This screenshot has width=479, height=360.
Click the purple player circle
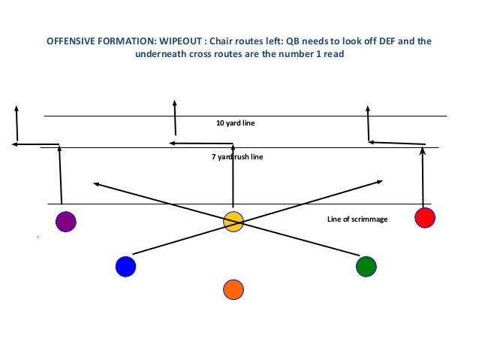click(66, 222)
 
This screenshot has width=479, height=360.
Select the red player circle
click(425, 218)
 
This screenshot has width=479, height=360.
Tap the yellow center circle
click(233, 221)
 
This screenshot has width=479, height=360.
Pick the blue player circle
click(125, 266)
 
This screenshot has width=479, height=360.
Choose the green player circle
click(366, 266)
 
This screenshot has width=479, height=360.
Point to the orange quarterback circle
click(233, 289)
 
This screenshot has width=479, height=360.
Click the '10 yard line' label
click(236, 123)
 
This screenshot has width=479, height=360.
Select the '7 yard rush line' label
click(236, 157)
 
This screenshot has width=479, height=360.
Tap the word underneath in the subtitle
click(162, 54)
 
